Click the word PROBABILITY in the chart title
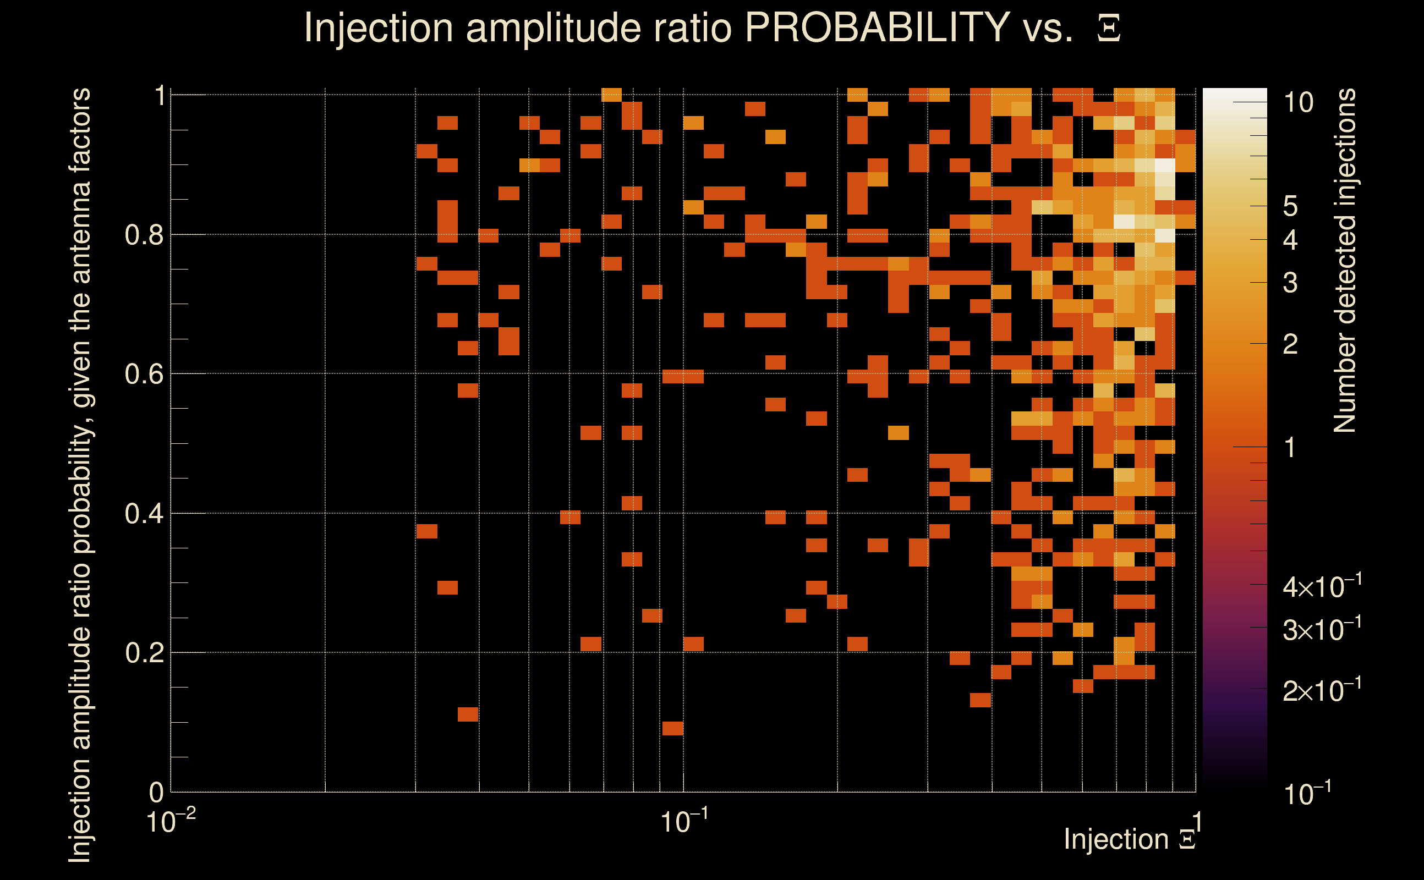(x=877, y=28)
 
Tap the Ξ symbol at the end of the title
(x=1109, y=29)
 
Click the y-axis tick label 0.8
(x=144, y=235)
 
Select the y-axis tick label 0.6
(x=144, y=374)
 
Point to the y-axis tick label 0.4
(x=144, y=514)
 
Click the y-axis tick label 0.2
(x=144, y=653)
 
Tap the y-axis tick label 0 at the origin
(x=156, y=792)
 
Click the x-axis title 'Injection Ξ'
(x=1130, y=839)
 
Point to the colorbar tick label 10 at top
(x=1298, y=103)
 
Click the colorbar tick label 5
(x=1290, y=206)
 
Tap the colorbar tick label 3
(x=1290, y=283)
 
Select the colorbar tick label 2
(x=1290, y=344)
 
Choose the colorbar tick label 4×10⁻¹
(x=1322, y=587)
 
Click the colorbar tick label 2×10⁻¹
(x=1322, y=690)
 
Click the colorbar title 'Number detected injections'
(x=1345, y=260)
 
